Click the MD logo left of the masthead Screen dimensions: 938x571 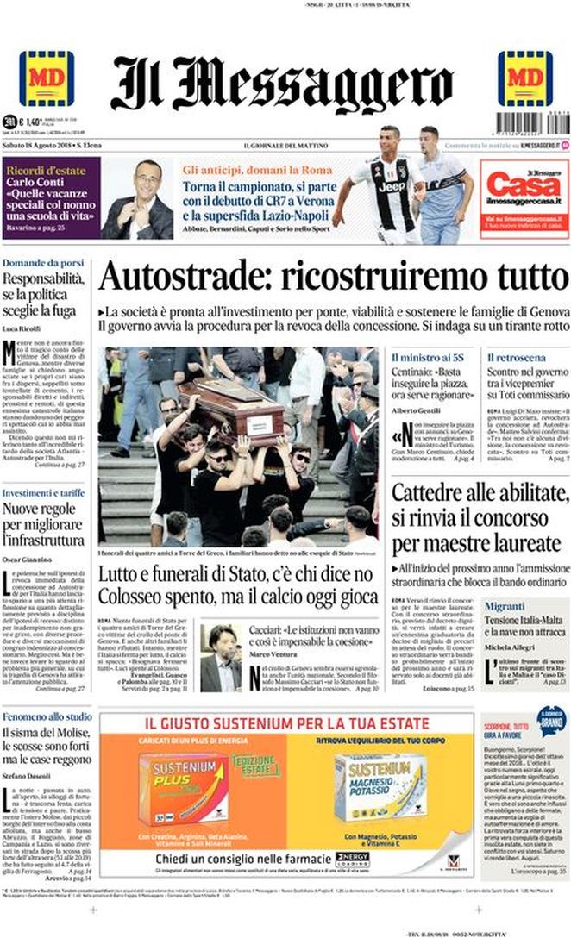(46, 78)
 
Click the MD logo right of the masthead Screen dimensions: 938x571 (524, 78)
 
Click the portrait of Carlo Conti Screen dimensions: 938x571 (138, 199)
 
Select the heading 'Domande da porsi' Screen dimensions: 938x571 (42, 263)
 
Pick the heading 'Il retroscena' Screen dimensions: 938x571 (516, 357)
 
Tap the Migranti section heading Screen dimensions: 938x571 (505, 606)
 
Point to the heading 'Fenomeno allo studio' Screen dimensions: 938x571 (47, 716)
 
